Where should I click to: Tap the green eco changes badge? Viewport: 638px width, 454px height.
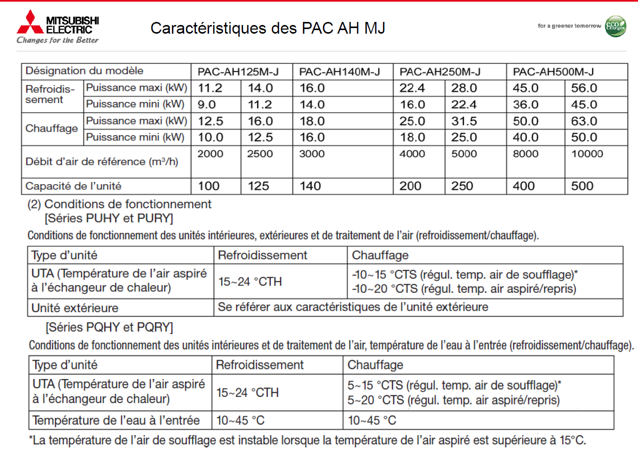(615, 26)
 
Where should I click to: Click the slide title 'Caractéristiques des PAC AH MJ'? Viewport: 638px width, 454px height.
(268, 28)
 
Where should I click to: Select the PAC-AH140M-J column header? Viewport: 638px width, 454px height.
(339, 71)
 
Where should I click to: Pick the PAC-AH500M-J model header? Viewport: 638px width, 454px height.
(553, 71)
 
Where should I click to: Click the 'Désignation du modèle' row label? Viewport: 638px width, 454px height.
(85, 71)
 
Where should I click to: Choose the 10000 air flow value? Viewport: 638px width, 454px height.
(587, 154)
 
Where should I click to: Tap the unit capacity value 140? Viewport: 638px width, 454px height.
(310, 186)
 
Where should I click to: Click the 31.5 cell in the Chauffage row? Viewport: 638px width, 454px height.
(464, 121)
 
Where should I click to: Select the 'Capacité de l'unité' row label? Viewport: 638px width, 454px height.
(73, 186)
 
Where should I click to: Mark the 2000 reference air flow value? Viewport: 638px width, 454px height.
(211, 154)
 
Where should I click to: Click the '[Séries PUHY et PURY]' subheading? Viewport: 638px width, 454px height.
(109, 219)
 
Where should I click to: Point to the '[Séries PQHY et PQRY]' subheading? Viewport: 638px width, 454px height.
(109, 327)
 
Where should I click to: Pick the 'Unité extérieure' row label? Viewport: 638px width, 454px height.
(75, 308)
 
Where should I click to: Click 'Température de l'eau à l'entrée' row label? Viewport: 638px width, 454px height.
(116, 421)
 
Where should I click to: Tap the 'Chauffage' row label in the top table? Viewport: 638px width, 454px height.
(52, 129)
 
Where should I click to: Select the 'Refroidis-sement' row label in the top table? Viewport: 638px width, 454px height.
(50, 94)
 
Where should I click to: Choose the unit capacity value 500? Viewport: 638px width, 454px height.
(582, 186)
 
